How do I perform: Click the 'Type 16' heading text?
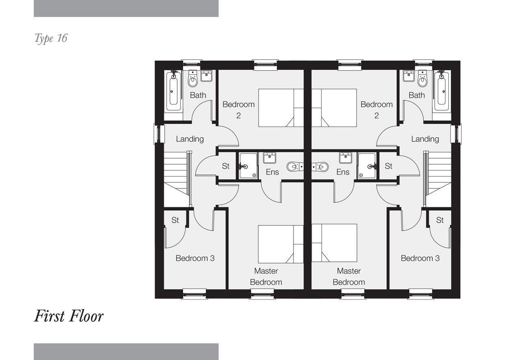[51, 38]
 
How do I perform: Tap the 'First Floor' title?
[69, 316]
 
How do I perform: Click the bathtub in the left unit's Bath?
[174, 91]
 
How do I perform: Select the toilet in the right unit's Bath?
[422, 78]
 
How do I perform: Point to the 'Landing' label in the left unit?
[189, 139]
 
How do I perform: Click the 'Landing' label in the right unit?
[425, 139]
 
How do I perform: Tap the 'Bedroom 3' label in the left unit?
[195, 258]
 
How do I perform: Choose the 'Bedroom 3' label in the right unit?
[420, 258]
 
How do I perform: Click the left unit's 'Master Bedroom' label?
[266, 276]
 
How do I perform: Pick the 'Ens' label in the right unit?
[343, 172]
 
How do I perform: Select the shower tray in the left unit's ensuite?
[248, 166]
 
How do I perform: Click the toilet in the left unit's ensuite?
[295, 167]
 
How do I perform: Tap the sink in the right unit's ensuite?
[345, 157]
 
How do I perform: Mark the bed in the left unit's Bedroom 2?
[281, 108]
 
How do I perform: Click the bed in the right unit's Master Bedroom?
[334, 243]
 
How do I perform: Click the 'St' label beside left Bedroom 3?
[175, 220]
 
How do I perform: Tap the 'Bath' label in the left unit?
[198, 95]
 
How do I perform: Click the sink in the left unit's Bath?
[207, 76]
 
